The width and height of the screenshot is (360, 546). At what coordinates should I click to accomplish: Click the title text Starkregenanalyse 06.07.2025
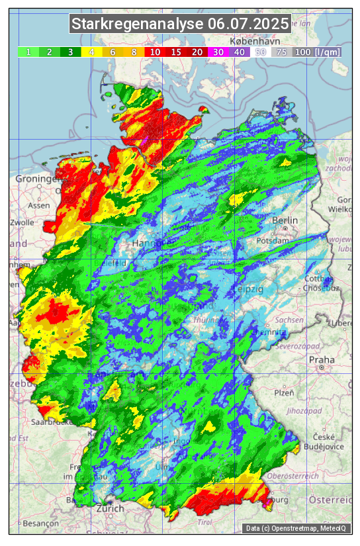(x=180, y=24)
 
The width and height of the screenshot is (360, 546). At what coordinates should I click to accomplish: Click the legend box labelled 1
(x=28, y=52)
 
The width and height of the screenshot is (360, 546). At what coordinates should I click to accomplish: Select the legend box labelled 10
(x=155, y=52)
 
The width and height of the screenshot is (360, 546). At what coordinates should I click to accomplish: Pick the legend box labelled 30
(x=218, y=52)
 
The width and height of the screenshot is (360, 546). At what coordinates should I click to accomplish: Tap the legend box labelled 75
(x=281, y=52)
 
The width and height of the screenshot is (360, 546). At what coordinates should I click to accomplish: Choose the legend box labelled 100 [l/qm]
(x=317, y=52)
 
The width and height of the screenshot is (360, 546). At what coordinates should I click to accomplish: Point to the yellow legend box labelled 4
(x=91, y=52)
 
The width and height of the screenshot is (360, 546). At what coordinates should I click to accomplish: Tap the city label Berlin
(x=285, y=220)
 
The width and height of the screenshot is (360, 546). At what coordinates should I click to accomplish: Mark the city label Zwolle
(x=22, y=222)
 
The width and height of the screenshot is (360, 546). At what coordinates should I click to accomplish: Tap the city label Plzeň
(x=284, y=392)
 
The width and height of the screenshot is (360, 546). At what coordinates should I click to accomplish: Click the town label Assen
(x=39, y=205)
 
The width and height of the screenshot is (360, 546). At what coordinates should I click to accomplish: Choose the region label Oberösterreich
(x=292, y=476)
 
